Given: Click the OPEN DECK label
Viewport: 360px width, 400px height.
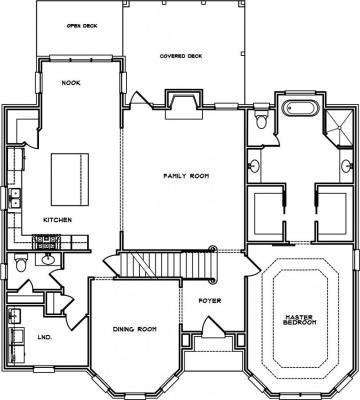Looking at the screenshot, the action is point(82,26).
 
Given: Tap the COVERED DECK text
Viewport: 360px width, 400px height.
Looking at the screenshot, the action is point(181,56).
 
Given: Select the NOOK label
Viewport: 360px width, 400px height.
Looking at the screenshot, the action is point(71,83).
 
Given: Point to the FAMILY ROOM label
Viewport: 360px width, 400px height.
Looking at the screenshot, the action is point(186,176).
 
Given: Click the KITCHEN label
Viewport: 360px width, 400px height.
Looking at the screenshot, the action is point(57,220).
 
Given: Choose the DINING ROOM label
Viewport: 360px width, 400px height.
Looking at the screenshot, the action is point(135,329).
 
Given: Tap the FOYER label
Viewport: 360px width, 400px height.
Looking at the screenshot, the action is point(210,301).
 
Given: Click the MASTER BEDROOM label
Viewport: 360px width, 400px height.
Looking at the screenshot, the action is point(299,319).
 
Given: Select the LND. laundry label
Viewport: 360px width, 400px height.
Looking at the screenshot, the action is point(45,337).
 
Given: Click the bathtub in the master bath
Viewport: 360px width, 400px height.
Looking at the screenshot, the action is point(301,109).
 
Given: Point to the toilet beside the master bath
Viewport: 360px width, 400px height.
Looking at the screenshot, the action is point(261,117).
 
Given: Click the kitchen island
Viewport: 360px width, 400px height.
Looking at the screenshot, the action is point(70,179).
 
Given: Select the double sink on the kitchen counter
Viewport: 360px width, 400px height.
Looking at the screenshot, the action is point(15,198).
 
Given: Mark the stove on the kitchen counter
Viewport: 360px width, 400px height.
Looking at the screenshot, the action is point(46,242).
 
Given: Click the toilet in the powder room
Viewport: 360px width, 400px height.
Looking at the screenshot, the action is point(21,263).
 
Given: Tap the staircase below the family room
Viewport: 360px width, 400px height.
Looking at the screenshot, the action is point(167,265).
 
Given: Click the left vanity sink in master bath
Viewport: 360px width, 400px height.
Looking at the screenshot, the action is point(255,165).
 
